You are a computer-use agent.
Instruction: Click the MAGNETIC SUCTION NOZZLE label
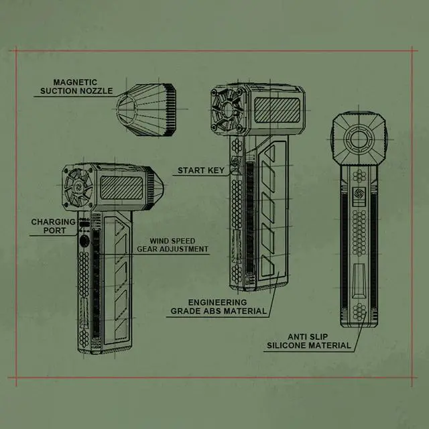(x=76, y=86)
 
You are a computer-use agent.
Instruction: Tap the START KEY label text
(x=201, y=170)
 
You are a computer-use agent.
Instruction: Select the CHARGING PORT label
(x=54, y=226)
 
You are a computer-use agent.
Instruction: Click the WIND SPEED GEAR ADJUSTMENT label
(x=173, y=245)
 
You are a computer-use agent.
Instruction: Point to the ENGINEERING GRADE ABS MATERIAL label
(x=219, y=307)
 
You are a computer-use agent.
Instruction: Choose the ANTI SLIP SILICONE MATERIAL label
(x=309, y=341)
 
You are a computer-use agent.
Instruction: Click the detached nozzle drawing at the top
(x=146, y=110)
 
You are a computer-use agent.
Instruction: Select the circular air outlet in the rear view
(x=359, y=139)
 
